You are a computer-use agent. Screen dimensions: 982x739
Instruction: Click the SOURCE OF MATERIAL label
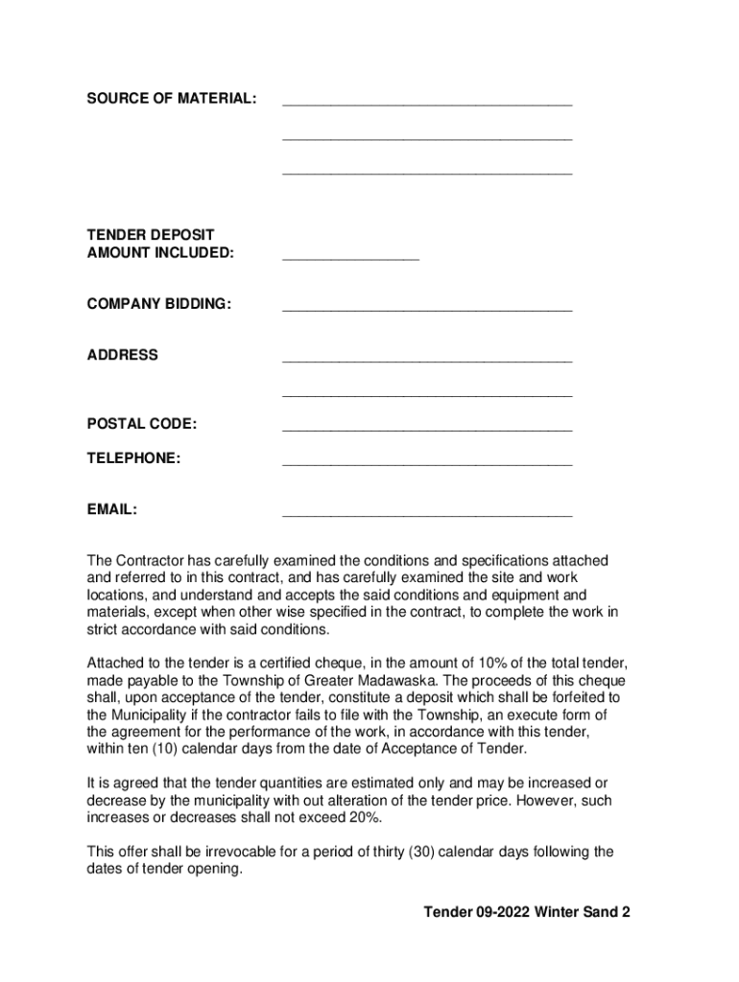point(172,99)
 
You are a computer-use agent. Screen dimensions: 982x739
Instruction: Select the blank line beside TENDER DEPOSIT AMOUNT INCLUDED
point(350,258)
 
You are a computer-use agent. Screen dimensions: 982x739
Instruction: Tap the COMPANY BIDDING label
point(159,304)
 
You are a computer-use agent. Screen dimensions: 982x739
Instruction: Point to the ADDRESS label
point(123,355)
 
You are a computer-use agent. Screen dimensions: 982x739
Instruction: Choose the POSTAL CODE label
point(142,424)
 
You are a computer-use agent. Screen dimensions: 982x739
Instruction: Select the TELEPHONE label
point(133,458)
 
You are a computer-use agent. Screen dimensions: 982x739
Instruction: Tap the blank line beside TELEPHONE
point(427,464)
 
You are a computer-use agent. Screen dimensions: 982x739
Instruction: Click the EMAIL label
point(112,509)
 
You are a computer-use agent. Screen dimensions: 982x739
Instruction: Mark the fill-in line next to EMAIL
point(427,515)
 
